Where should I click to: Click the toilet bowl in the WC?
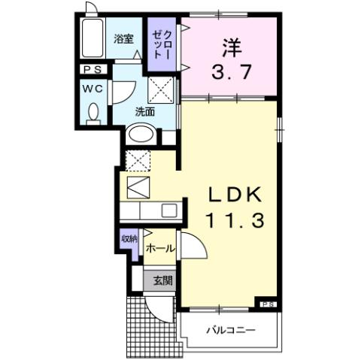[93, 113]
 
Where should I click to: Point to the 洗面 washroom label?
[145, 111]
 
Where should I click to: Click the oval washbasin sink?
[140, 135]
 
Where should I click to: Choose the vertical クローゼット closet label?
[162, 45]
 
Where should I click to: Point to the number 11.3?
[234, 221]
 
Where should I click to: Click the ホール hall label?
[160, 247]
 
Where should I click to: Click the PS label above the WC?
[94, 70]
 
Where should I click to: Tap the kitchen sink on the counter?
[168, 210]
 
